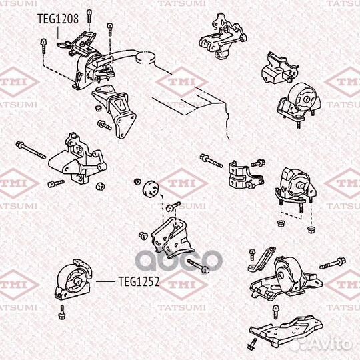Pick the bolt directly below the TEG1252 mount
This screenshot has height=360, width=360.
(x=62, y=311)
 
